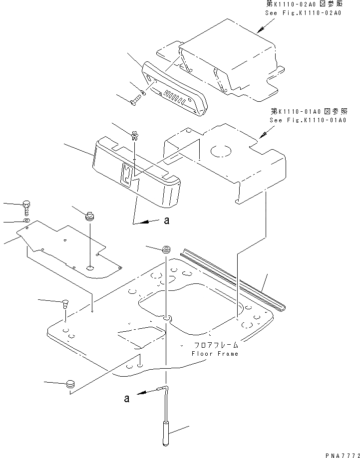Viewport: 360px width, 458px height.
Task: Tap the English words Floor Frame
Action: pos(215,354)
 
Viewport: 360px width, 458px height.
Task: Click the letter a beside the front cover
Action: pos(165,223)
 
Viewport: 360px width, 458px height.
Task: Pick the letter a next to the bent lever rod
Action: pos(128,398)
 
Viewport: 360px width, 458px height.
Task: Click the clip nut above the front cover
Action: pos(134,135)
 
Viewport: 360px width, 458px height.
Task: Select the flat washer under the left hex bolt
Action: pos(26,220)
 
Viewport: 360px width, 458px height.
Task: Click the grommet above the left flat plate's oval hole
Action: pos(90,216)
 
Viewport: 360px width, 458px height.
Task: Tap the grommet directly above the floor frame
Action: pos(165,248)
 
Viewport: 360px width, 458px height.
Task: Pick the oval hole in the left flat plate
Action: pos(90,268)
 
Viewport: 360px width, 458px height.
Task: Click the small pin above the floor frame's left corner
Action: pos(65,303)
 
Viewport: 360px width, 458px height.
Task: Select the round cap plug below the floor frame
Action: pos(70,384)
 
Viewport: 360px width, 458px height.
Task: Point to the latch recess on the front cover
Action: pos(127,176)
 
